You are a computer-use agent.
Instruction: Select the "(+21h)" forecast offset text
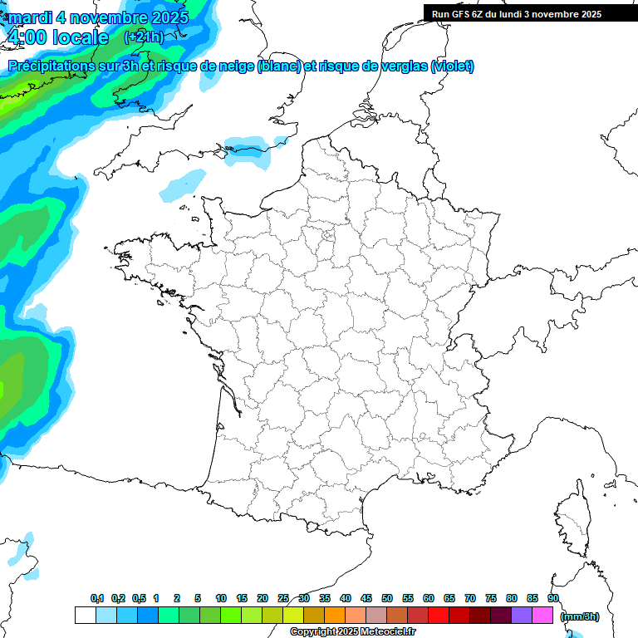point(144,37)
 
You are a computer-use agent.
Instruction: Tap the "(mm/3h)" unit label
point(580,616)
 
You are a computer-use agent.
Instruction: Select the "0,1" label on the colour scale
point(97,599)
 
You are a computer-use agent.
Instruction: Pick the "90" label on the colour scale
point(553,599)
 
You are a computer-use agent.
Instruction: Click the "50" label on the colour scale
point(387,599)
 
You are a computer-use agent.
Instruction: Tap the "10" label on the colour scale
point(221,599)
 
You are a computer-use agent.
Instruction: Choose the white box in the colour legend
point(85,615)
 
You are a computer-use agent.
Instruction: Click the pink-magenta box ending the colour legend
point(542,615)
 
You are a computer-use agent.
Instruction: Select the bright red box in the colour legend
point(438,615)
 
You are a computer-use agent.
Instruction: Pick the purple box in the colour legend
point(522,615)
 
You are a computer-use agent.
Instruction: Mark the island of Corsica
point(572,519)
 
